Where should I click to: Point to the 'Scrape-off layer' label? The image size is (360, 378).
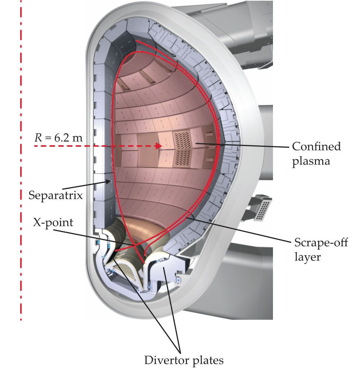321,250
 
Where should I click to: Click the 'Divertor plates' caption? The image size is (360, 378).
184,360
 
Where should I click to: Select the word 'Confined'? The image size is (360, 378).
316,146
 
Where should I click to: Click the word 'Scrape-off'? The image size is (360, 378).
321,242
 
